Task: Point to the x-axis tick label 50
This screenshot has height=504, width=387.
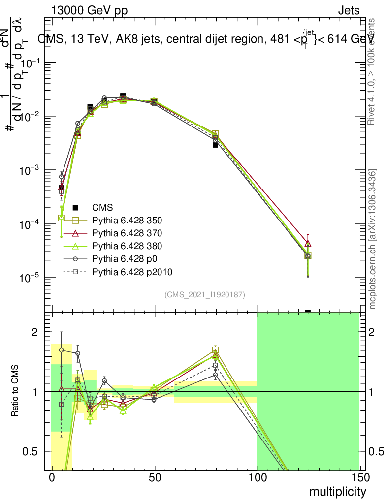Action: pos(155,478)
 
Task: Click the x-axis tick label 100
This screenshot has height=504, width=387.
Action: pos(257,478)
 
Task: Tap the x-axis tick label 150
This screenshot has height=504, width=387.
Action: pos(359,478)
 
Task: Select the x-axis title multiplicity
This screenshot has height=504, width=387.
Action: pos(337,492)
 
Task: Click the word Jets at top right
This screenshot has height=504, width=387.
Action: pos(348,10)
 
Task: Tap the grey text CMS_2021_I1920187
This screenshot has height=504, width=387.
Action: pos(205,294)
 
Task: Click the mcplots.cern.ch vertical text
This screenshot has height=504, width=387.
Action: pos(373,240)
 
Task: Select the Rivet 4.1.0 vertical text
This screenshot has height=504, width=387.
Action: pos(373,71)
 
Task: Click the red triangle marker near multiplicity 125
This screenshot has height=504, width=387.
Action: pos(308,243)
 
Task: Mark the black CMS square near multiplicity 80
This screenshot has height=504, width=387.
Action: pos(216,145)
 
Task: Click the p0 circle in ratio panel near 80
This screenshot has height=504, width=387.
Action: pos(216,375)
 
